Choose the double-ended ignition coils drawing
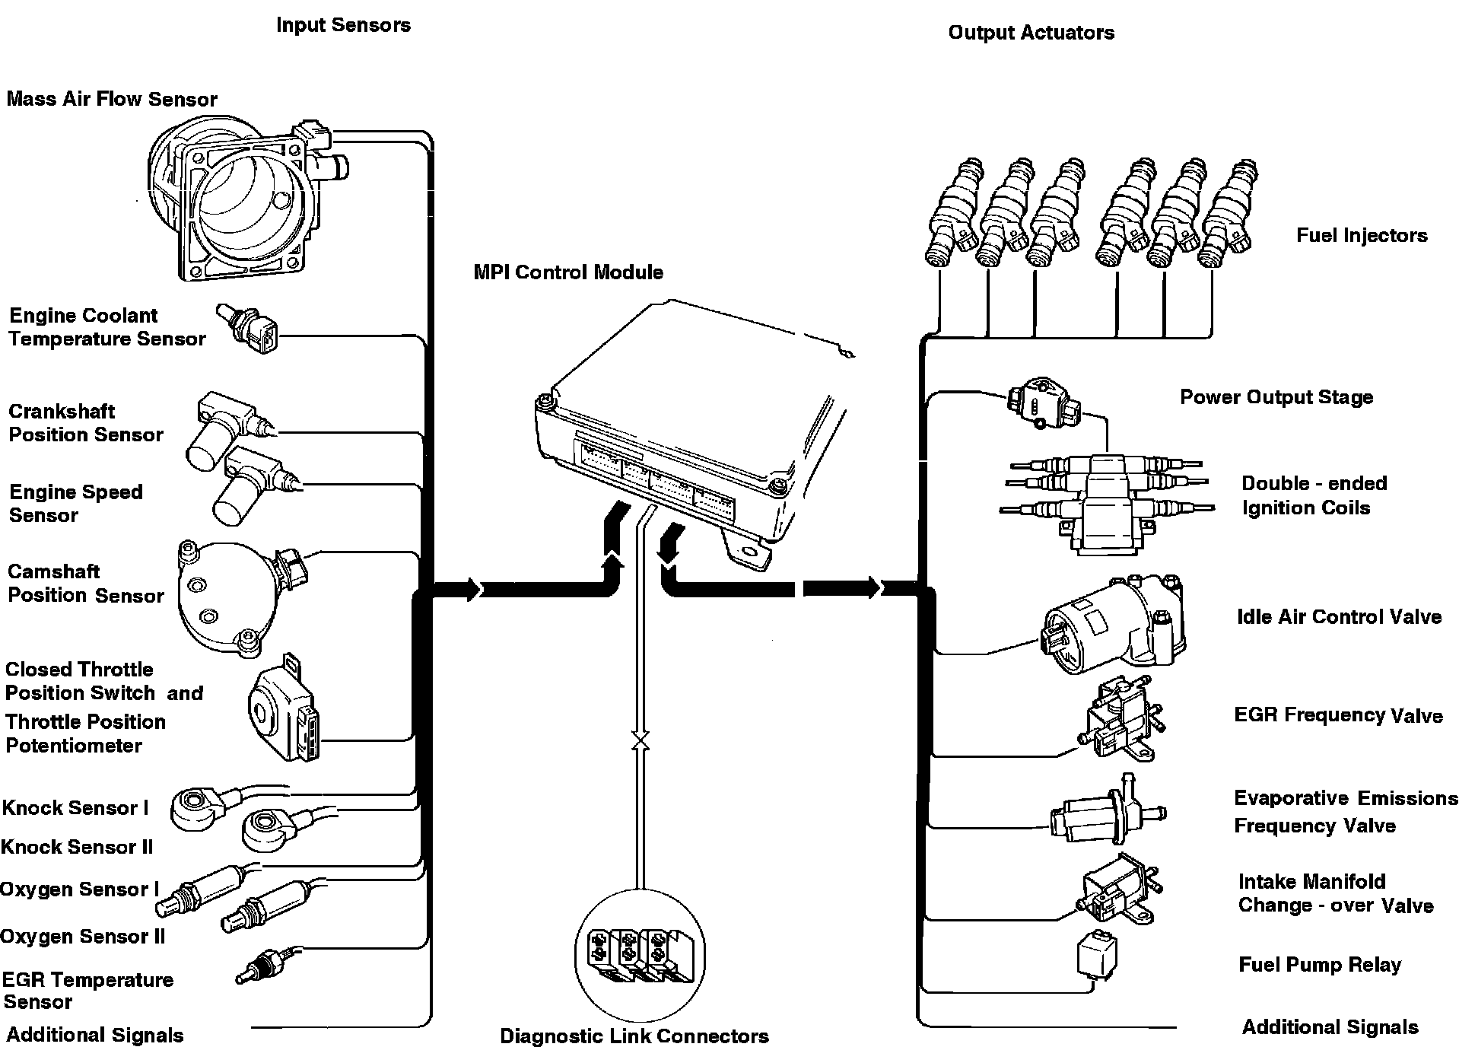1107,498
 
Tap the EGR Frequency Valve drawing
1118,719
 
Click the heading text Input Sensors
343,25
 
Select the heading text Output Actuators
1031,33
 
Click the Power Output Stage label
1276,397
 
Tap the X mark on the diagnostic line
640,740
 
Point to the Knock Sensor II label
77,847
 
